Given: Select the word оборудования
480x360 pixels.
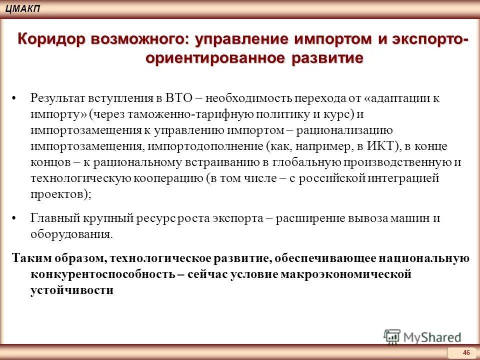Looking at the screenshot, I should (x=69, y=234).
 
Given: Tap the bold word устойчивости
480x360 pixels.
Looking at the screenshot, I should (x=72, y=290).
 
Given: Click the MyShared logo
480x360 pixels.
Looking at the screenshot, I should (x=422, y=336).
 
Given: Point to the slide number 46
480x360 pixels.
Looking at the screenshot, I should (x=466, y=353).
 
